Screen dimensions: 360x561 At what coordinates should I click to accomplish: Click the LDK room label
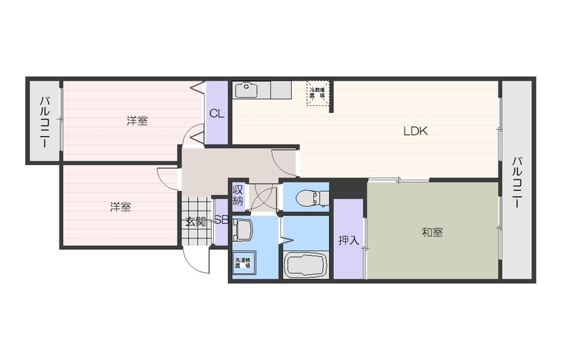pyautogui.click(x=415, y=131)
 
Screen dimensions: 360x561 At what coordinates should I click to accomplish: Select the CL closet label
pyautogui.click(x=217, y=114)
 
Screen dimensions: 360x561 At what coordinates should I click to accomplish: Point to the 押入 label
pyautogui.click(x=349, y=240)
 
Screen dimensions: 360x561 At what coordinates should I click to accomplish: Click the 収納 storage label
pyautogui.click(x=238, y=194)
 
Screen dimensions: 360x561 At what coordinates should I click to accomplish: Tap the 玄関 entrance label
pyautogui.click(x=195, y=222)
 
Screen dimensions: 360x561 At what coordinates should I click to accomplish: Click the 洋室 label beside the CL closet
pyautogui.click(x=137, y=121)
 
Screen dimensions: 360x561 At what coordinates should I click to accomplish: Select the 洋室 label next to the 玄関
pyautogui.click(x=120, y=207)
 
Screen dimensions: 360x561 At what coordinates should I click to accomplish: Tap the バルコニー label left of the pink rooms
pyautogui.click(x=43, y=121)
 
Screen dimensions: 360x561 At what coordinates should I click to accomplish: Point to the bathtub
pyautogui.click(x=306, y=265)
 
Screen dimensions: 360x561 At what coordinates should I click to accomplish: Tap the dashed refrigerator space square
pyautogui.click(x=318, y=93)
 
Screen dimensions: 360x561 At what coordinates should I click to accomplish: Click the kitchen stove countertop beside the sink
pyautogui.click(x=280, y=90)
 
